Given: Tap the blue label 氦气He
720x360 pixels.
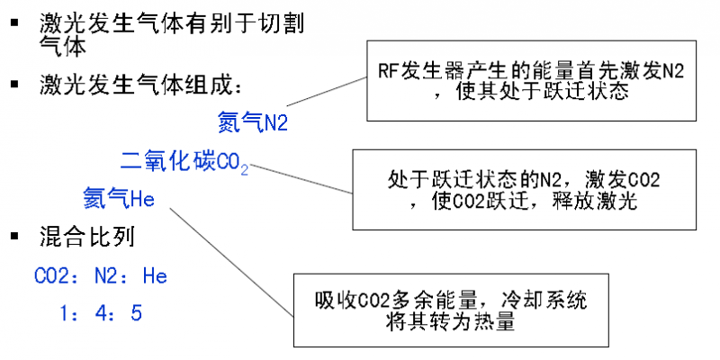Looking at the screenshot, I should (x=120, y=197).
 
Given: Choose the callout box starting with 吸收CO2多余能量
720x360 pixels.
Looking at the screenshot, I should (x=446, y=309).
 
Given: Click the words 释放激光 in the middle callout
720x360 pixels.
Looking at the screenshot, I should (x=607, y=201).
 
